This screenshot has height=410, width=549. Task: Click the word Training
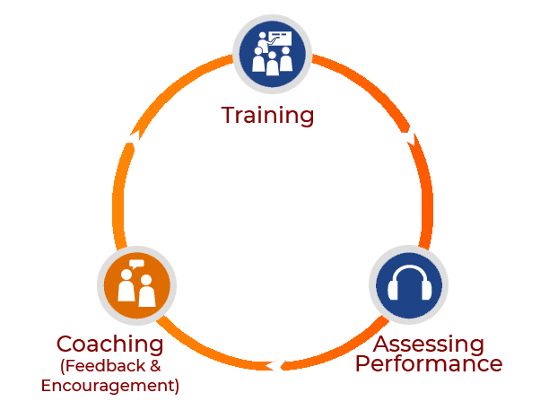pyautogui.click(x=267, y=116)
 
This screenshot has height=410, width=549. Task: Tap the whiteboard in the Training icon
pyautogui.click(x=279, y=39)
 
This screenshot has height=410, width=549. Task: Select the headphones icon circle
pyautogui.click(x=407, y=285)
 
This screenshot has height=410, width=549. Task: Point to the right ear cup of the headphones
pyautogui.click(x=422, y=291)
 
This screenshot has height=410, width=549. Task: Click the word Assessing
pyautogui.click(x=428, y=345)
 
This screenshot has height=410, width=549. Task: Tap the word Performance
pyautogui.click(x=428, y=364)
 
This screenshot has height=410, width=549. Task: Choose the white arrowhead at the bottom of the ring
pyautogui.click(x=278, y=365)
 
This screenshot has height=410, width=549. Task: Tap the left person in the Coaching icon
pyautogui.click(x=126, y=291)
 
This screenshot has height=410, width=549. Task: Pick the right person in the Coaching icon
pyautogui.click(x=146, y=292)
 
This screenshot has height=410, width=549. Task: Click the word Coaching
pyautogui.click(x=109, y=345)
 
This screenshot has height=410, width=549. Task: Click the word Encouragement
pyautogui.click(x=109, y=386)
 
